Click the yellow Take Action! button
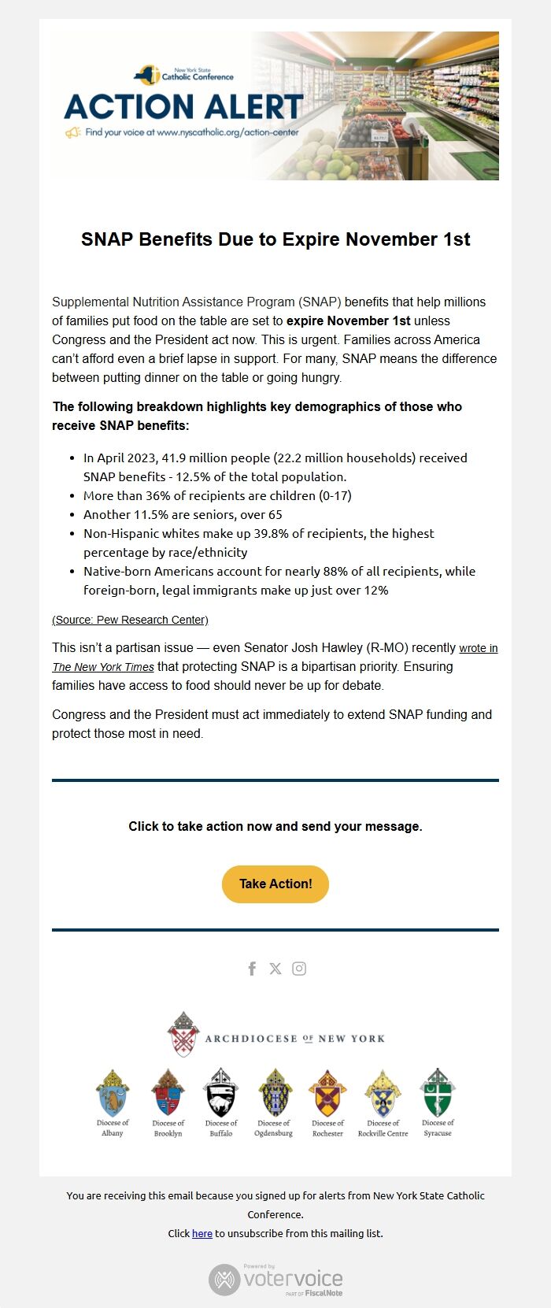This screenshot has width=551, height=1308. (x=275, y=884)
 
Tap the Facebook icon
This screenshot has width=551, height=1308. (x=252, y=969)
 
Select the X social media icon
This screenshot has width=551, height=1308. (x=275, y=969)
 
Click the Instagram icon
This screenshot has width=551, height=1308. (x=299, y=969)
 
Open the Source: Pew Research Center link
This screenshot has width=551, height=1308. (x=130, y=620)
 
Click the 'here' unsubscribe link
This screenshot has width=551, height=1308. (x=202, y=1233)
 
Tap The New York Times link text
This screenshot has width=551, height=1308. (x=103, y=667)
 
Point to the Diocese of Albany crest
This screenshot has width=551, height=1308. (x=113, y=1092)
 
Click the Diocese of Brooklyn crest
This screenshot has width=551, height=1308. (x=168, y=1092)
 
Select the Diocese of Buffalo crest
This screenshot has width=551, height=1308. (x=221, y=1092)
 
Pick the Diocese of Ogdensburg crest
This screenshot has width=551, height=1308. (x=274, y=1092)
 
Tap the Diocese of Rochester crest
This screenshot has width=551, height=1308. (x=327, y=1092)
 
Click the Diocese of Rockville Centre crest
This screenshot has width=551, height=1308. (x=383, y=1092)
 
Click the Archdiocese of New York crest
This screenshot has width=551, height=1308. (x=183, y=1034)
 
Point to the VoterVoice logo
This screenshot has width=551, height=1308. (x=275, y=1280)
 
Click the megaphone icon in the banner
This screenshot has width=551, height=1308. (x=73, y=133)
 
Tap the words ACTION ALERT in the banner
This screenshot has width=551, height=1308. (x=183, y=106)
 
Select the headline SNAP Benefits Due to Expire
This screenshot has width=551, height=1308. (x=275, y=239)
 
